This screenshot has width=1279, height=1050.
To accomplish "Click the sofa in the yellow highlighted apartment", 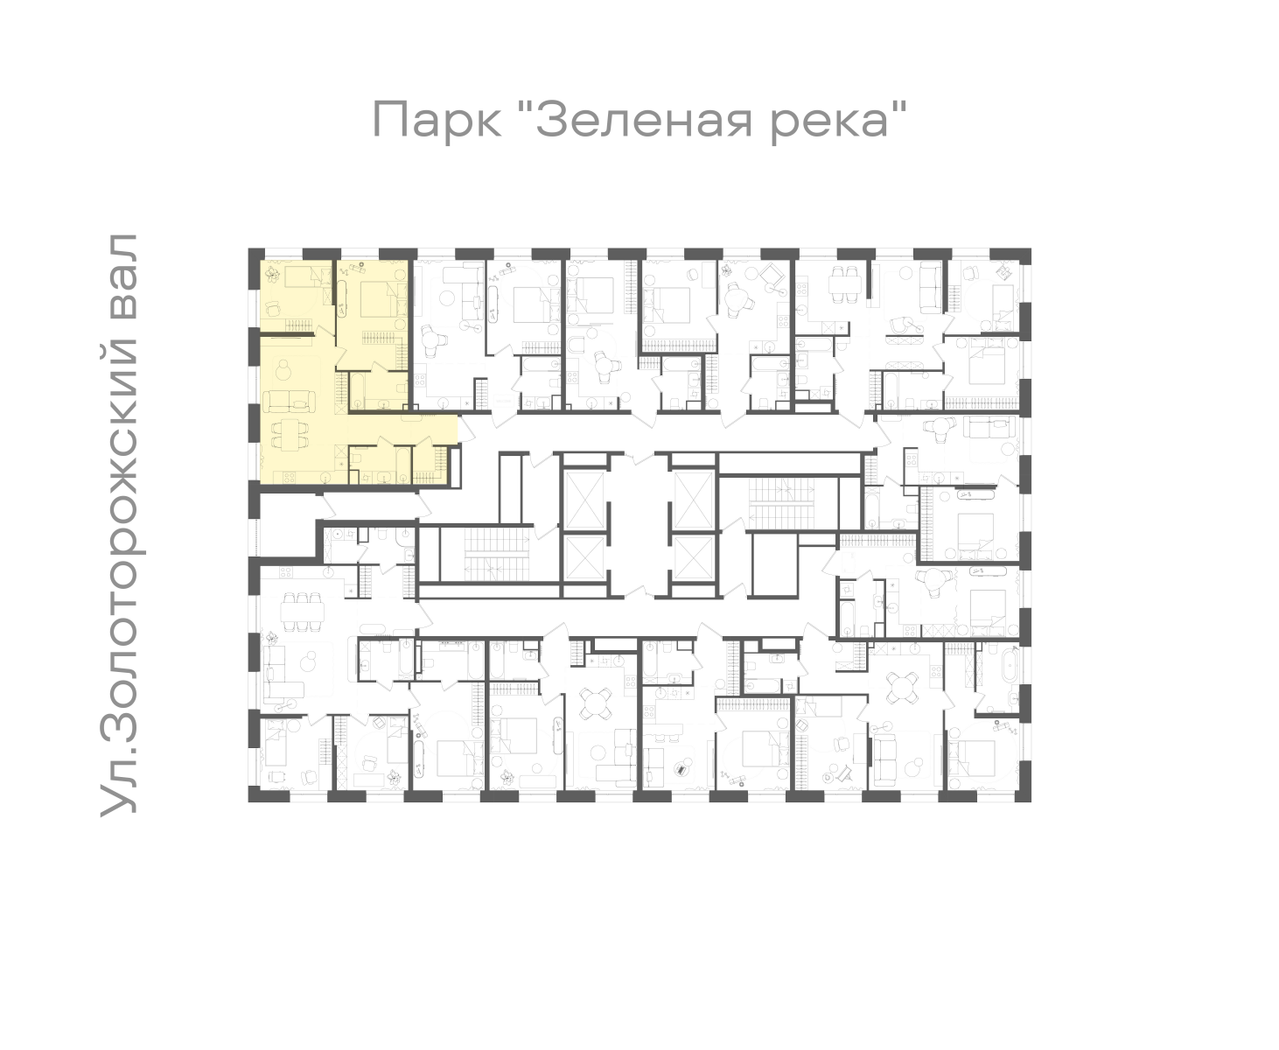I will tap(290, 401).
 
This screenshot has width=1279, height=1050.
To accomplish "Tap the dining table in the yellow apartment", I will tap(289, 435).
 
